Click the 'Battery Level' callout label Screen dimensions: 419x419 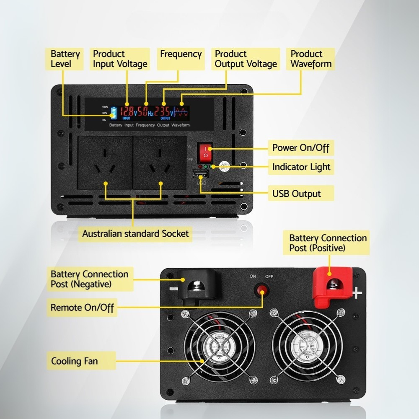point(65,59)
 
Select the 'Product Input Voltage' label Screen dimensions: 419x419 point(120,59)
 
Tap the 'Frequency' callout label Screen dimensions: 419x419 point(181,54)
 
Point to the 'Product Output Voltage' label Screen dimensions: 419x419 point(246,59)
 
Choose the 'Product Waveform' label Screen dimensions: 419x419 point(311,59)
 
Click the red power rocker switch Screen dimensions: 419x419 point(205,153)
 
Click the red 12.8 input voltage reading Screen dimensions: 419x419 point(127,111)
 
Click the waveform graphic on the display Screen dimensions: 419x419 point(182,112)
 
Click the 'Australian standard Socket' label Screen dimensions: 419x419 point(135,233)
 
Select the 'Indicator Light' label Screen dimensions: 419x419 point(301,167)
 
